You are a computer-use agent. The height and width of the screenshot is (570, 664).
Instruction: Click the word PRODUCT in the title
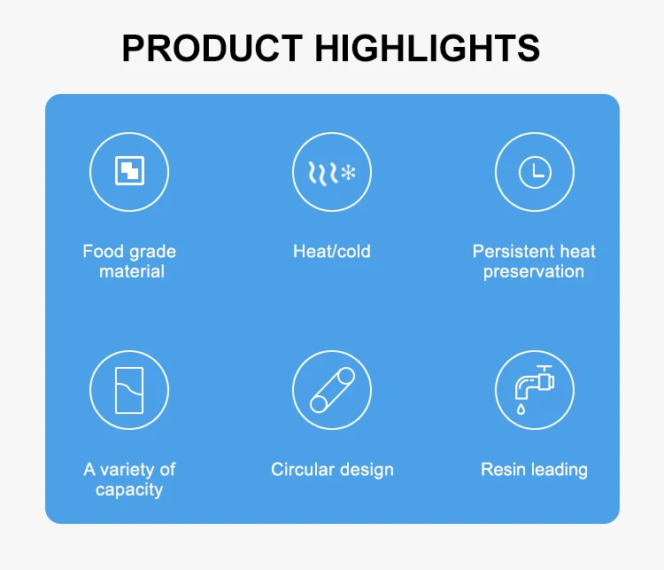pos(212,48)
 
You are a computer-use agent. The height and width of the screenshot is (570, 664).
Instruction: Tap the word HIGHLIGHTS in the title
pos(428,48)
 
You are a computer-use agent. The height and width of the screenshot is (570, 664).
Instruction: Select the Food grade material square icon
pos(129,171)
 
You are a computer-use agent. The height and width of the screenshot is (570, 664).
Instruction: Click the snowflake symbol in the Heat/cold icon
pos(349,173)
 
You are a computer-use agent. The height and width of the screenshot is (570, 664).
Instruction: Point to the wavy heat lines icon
pos(323,173)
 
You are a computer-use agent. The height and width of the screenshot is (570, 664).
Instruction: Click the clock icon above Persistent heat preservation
pos(535,172)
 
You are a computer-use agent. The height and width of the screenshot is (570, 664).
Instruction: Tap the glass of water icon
pos(129,390)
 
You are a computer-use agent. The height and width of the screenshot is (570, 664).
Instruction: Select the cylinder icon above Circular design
pos(332,390)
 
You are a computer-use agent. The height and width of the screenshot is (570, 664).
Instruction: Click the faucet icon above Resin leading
pos(535,383)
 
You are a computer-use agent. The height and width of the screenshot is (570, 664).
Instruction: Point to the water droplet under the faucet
pos(521,409)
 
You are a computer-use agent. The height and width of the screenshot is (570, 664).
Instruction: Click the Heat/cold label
pos(332,251)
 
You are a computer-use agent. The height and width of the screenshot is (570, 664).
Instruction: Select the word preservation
pos(534,272)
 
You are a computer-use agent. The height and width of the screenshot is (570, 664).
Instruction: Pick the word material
pos(132,271)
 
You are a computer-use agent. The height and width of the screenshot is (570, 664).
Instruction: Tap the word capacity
pos(129,490)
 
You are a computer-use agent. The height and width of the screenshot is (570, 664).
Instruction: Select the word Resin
pos(503,470)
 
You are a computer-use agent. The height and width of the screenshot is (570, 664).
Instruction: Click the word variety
pos(127,470)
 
